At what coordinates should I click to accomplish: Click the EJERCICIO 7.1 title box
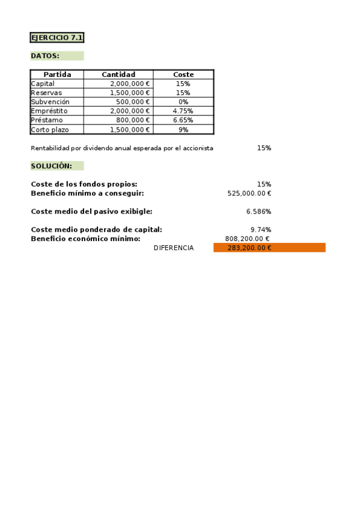(x=57, y=38)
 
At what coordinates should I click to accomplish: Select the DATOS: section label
(x=45, y=56)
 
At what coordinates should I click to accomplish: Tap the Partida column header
(x=57, y=75)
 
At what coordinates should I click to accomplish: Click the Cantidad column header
(x=118, y=75)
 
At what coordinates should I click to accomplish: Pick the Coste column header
(x=183, y=75)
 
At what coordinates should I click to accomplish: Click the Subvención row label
(x=46, y=102)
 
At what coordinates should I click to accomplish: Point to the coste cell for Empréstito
(x=183, y=111)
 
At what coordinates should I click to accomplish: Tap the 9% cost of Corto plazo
(x=183, y=129)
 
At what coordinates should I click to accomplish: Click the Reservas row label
(x=46, y=93)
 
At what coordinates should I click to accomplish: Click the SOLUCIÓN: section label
(x=52, y=165)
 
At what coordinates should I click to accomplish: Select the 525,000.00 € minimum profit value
(x=249, y=193)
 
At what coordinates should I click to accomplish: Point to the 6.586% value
(x=258, y=212)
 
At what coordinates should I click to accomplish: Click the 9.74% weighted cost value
(x=261, y=230)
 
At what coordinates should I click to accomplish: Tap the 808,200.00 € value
(x=247, y=239)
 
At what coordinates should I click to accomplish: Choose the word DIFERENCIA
(x=174, y=248)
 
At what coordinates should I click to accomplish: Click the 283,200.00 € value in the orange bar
(x=249, y=248)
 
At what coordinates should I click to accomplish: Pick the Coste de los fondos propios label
(x=84, y=184)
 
